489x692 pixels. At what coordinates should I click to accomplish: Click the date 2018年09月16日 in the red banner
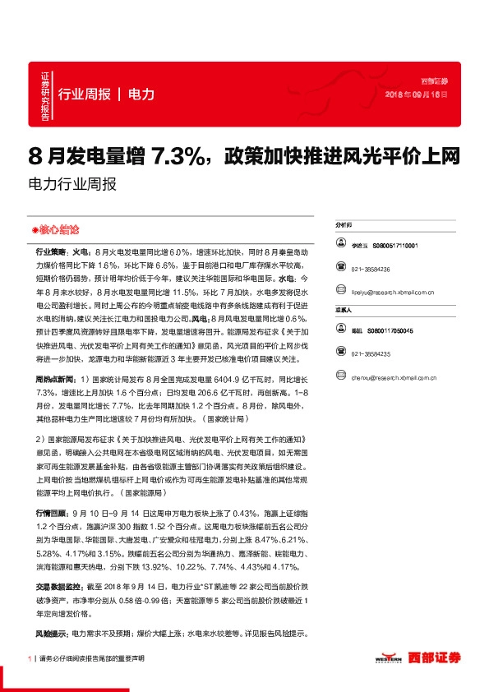[x=417, y=95]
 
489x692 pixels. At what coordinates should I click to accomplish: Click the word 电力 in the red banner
[x=142, y=95]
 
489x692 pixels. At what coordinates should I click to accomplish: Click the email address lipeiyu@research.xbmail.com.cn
[x=396, y=291]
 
